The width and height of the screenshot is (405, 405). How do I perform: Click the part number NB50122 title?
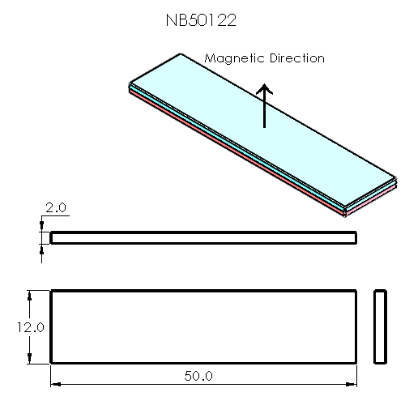pyautogui.click(x=201, y=21)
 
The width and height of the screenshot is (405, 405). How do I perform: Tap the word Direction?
pyautogui.click(x=295, y=58)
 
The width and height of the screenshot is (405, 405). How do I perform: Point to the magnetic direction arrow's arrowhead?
pyautogui.click(x=265, y=87)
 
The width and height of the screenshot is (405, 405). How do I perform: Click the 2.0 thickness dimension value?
pyautogui.click(x=56, y=208)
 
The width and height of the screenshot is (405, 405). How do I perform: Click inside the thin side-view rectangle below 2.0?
pyautogui.click(x=202, y=237)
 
